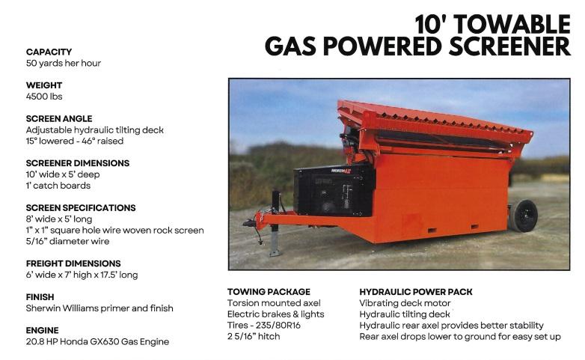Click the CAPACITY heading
[x=49, y=52]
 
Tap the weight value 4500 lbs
[x=44, y=97]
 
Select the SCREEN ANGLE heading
[x=59, y=119]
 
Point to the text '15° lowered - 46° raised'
[x=75, y=141]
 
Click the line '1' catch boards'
[x=58, y=186]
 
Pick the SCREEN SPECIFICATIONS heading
[x=81, y=208]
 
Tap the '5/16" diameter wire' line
[x=67, y=241]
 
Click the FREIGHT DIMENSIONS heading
[x=73, y=263]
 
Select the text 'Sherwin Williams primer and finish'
[x=99, y=308]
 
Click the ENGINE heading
[x=43, y=331]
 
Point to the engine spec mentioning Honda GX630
[x=97, y=342]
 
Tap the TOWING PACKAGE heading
[x=269, y=292]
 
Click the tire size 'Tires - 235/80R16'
[x=264, y=326]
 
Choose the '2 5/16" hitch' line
[x=254, y=337]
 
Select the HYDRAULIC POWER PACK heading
[x=416, y=292]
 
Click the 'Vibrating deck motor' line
[x=405, y=303]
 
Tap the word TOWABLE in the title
[x=512, y=25]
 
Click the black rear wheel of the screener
[x=525, y=216]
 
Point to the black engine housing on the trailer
[x=334, y=190]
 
